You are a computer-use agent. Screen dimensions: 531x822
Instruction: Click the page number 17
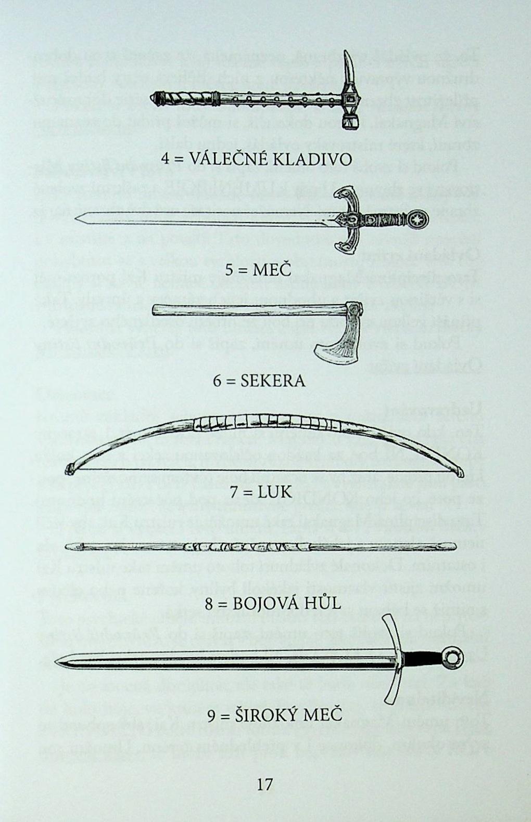[265, 784]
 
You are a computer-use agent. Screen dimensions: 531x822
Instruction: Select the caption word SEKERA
[273, 381]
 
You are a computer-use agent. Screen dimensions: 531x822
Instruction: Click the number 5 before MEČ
[230, 270]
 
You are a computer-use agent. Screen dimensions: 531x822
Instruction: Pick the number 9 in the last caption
[211, 716]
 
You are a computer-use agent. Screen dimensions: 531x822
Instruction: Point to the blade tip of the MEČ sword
[78, 218]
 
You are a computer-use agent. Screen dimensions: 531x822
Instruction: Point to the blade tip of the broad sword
[58, 661]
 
